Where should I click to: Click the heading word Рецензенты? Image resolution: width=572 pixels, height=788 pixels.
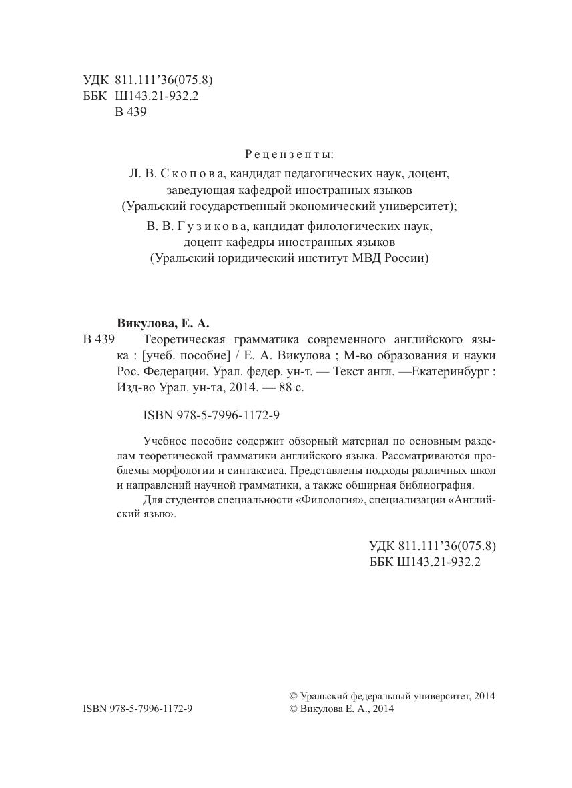(x=289, y=155)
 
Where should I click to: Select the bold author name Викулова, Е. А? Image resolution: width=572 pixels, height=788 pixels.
(x=163, y=324)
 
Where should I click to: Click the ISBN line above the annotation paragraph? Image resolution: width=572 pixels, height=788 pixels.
(x=211, y=415)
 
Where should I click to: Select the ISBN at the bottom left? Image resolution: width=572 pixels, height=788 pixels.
(x=137, y=709)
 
